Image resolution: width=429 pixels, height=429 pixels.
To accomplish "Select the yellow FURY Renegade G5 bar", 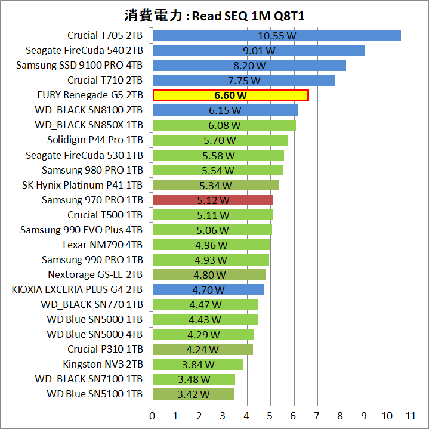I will (x=230, y=95).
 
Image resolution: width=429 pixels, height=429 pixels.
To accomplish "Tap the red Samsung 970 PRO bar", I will (x=212, y=200).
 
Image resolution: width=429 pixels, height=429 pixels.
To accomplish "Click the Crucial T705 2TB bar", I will (x=277, y=35).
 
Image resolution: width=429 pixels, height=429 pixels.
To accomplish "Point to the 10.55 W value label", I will (x=277, y=35).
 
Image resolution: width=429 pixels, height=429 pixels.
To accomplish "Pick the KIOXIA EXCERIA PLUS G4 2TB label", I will (x=77, y=289).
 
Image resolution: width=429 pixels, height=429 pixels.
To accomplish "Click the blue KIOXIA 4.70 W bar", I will (x=208, y=289).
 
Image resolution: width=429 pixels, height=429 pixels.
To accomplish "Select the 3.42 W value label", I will (x=193, y=394).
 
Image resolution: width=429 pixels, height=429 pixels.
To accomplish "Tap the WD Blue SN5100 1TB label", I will (x=94, y=394).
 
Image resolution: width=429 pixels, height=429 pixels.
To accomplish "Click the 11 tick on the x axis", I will (x=411, y=416).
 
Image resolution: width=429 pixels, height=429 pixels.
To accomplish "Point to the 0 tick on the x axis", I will (x=153, y=416).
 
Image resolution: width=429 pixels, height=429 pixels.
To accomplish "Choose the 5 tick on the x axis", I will (x=270, y=416).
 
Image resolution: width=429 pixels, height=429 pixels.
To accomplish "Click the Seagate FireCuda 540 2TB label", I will (x=84, y=50).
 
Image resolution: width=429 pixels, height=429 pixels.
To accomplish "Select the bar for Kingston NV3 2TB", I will (x=197, y=364).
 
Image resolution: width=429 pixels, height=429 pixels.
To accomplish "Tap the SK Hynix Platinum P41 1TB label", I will (x=82, y=185).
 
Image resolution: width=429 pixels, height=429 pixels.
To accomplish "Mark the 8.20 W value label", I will (x=249, y=65).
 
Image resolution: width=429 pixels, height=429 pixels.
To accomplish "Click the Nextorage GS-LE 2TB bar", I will (x=209, y=274).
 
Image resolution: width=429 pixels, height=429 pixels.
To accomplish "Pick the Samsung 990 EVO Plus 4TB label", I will (x=81, y=230).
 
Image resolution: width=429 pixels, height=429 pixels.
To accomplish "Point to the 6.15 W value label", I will (x=225, y=110).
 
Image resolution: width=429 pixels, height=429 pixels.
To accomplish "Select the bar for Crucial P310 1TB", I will (x=202, y=349).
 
